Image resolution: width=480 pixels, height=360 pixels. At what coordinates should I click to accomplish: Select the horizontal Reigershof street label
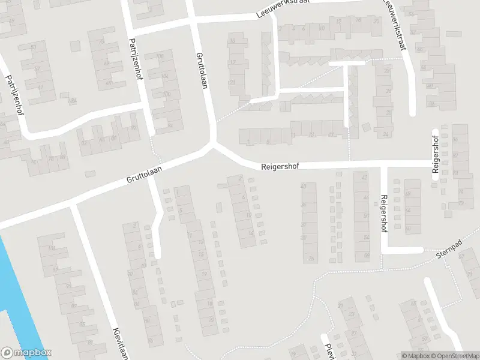coord(280,167)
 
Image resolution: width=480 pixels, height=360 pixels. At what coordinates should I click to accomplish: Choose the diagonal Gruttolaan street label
coord(145,175)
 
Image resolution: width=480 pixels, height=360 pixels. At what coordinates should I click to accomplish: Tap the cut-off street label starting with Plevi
coord(328,351)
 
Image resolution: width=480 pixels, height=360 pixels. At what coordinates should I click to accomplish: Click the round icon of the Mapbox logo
coord(8,353)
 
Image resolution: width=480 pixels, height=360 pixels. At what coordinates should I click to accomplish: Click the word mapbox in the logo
coord(32,353)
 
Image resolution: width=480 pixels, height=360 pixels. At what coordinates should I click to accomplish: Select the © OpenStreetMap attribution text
coord(454,356)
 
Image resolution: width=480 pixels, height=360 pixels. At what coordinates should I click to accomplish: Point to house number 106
coord(160,56)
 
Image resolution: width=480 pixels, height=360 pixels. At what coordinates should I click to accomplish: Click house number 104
coord(165,76)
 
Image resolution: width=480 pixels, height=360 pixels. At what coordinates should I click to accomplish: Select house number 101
coord(52,248)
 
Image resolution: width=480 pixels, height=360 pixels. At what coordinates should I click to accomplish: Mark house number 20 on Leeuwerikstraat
coord(376,20)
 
